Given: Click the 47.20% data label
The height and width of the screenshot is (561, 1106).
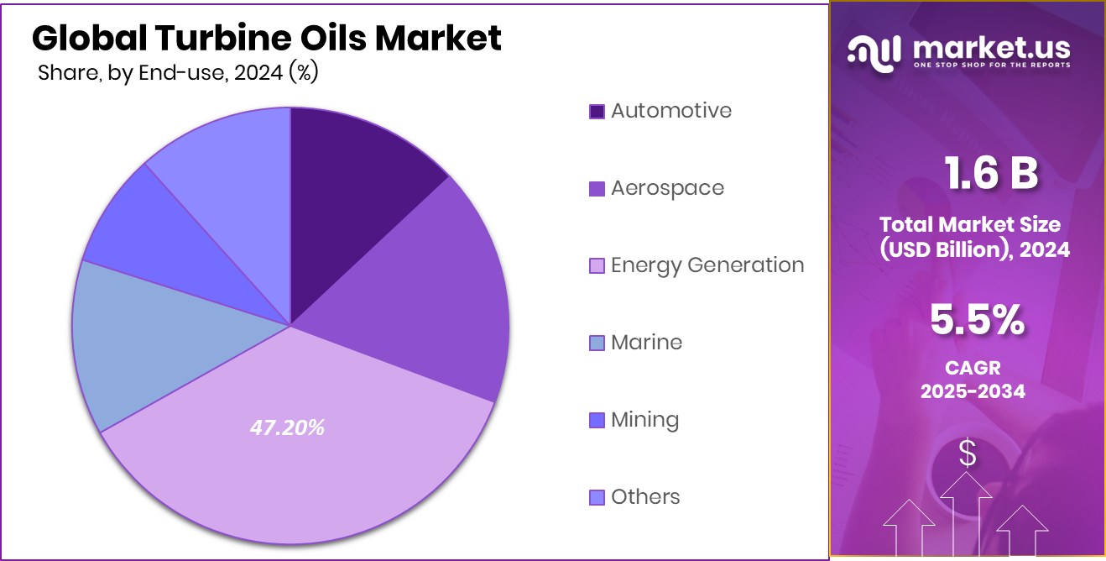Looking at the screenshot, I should [x=287, y=427].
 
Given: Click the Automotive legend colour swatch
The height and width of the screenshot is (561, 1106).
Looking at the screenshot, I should [x=597, y=111].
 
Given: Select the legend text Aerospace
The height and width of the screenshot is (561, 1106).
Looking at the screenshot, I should [x=667, y=188].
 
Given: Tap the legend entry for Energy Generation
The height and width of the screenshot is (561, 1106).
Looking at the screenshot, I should [x=707, y=265].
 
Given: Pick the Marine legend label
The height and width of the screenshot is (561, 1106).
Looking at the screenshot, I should [x=646, y=343].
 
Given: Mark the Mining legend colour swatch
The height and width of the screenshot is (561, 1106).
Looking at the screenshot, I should [x=597, y=420].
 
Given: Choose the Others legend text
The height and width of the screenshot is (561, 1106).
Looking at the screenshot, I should [x=645, y=497].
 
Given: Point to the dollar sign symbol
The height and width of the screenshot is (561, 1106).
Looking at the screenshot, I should [x=968, y=454].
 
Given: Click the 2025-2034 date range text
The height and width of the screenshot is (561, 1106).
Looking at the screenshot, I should [x=973, y=391].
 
